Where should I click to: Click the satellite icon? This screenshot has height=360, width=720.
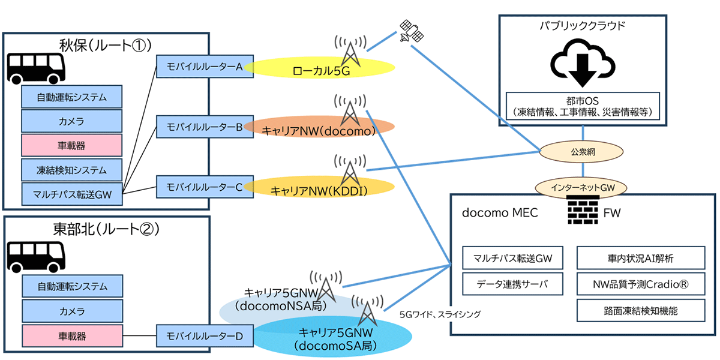pos(412,31)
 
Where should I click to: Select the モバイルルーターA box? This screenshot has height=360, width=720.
pos(204,67)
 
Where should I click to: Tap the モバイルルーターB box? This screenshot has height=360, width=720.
pos(204,127)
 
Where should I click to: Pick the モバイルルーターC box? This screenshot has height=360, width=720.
pos(204,187)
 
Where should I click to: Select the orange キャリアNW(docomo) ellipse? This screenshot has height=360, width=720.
pos(319,128)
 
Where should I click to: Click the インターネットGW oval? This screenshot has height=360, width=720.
pos(583,187)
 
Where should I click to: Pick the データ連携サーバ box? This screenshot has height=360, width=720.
pos(513,284)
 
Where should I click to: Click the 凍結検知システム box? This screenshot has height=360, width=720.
pos(72,170)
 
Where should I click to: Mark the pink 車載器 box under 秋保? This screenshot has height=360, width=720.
pos(72,145)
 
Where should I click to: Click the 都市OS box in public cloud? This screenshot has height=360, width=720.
pos(583,105)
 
